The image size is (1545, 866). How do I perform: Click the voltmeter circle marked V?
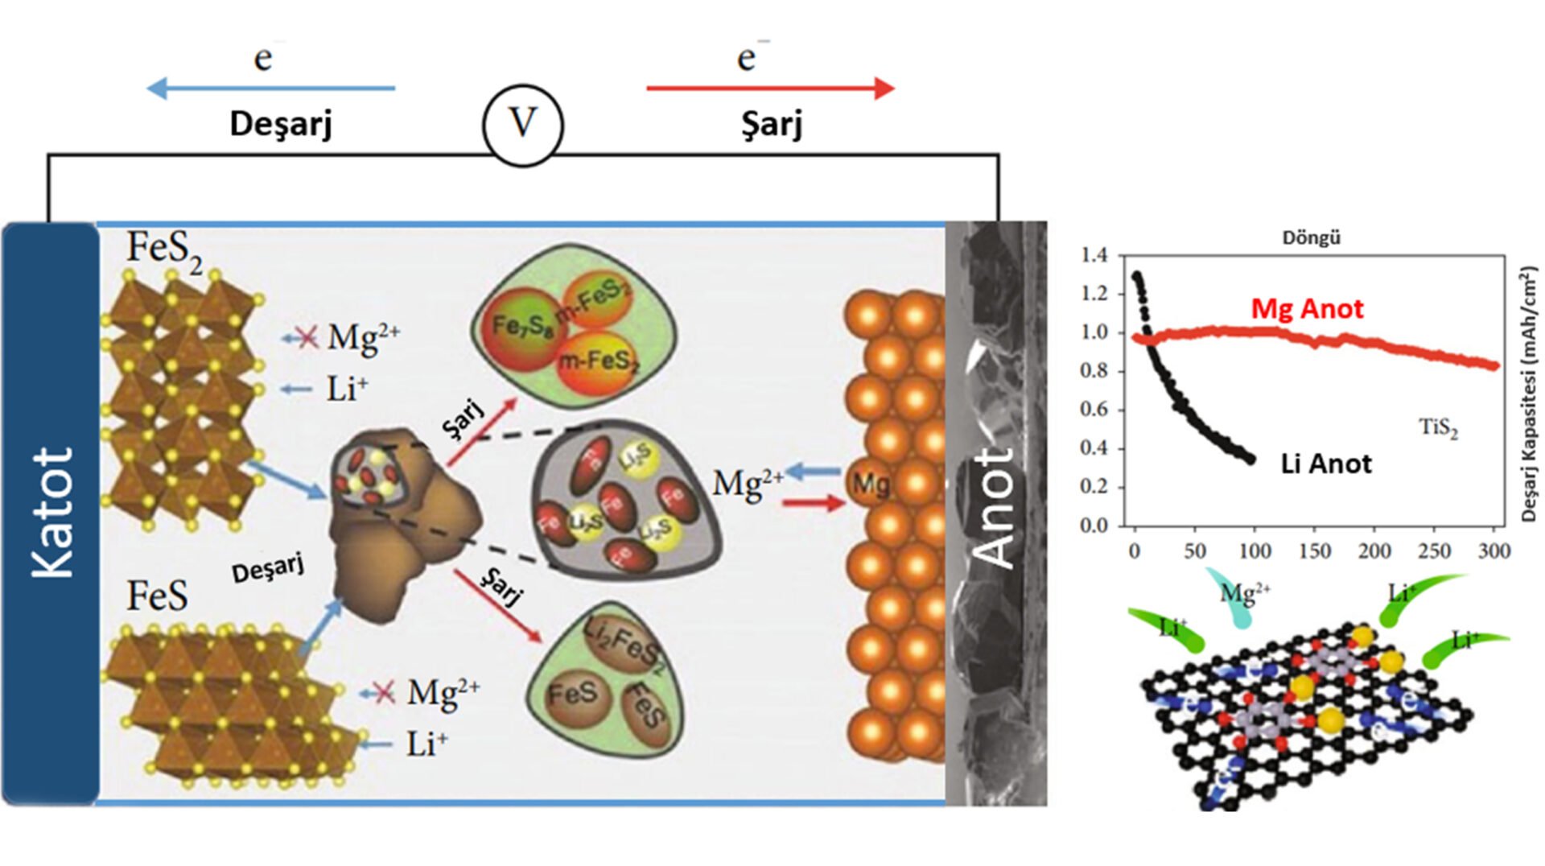click(523, 125)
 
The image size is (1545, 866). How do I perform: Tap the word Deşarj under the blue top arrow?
click(281, 124)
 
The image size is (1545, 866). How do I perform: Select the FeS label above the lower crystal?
click(157, 596)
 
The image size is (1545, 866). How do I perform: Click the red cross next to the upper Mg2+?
click(306, 337)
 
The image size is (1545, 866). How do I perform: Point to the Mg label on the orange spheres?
click(871, 484)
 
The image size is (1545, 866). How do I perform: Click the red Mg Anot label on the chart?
click(1307, 309)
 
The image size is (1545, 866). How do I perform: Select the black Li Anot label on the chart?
click(1325, 464)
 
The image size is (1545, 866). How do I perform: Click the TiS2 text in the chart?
click(1438, 427)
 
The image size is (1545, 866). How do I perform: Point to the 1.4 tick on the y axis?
click(1094, 255)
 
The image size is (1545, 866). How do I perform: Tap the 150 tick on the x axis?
click(1315, 551)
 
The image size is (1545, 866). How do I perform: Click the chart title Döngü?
click(1311, 238)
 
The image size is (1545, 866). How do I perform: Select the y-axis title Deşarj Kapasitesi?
click(1529, 394)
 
